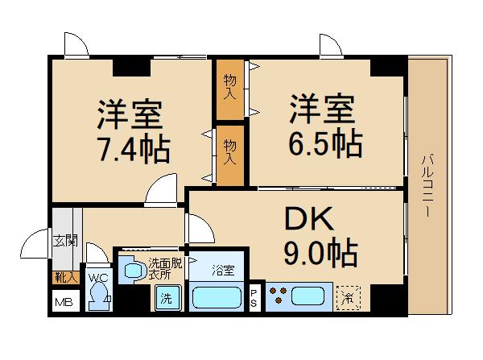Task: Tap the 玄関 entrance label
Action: point(64,239)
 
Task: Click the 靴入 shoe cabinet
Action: point(64,277)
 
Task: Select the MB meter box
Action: point(62,303)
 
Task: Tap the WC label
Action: point(98,278)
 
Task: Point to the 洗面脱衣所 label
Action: point(166,268)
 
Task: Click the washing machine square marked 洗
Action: point(166,298)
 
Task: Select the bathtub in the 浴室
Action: point(217,298)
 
